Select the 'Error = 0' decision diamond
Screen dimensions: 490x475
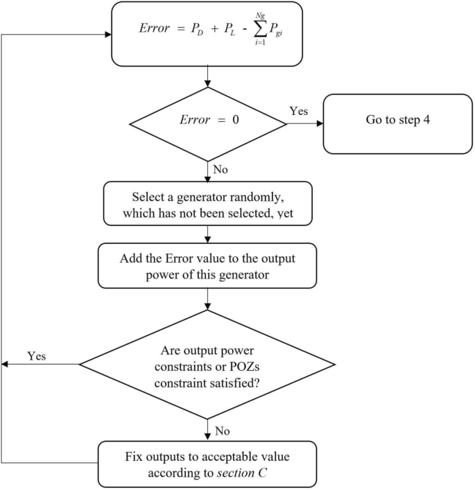209,125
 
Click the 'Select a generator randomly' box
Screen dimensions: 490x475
209,204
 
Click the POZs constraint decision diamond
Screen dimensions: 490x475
209,364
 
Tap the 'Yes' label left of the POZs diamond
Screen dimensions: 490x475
37,356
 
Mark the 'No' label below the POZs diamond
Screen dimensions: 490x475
222,432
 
